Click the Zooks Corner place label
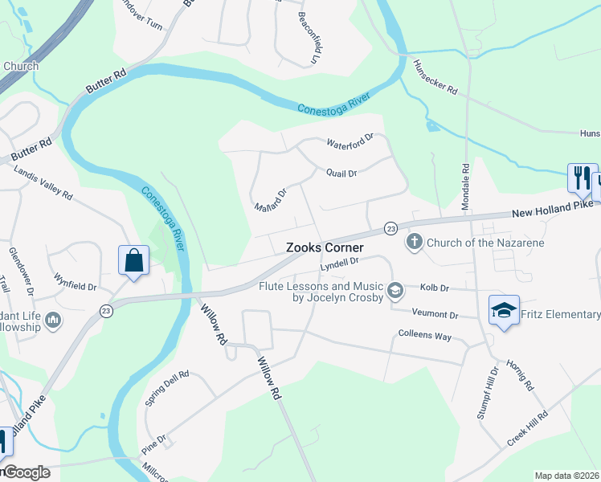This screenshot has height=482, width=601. click(x=325, y=248)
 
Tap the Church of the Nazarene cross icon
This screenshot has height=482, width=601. click(x=415, y=242)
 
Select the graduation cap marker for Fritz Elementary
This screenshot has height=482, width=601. click(x=503, y=312)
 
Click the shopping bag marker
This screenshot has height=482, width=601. click(x=133, y=260)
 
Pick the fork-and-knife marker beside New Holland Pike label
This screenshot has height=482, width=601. click(x=582, y=178)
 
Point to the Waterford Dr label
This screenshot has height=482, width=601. click(x=350, y=142)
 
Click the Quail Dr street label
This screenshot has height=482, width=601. click(x=341, y=173)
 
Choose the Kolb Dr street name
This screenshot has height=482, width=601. click(x=434, y=288)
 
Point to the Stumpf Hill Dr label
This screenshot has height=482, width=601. click(x=490, y=395)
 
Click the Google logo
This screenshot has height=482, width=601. click(x=26, y=472)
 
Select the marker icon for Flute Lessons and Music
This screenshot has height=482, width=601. click(x=395, y=289)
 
